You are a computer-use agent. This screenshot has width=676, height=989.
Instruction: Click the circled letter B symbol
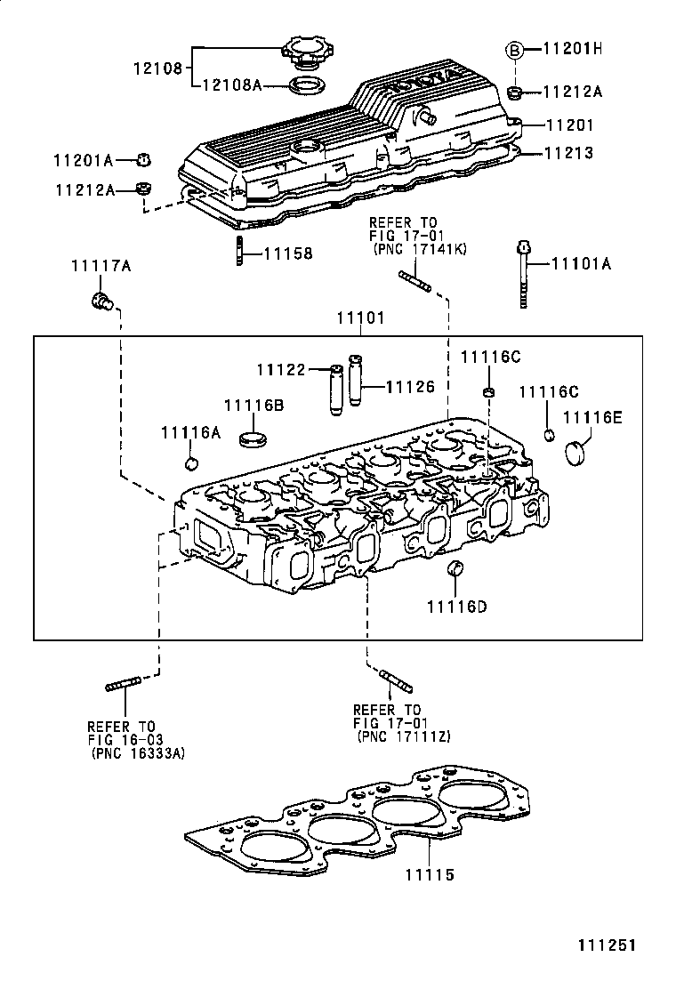pyautogui.click(x=514, y=51)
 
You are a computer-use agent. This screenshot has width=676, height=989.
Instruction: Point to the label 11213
pyautogui.click(x=568, y=153)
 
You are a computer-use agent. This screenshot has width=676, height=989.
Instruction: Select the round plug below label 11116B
pyautogui.click(x=254, y=438)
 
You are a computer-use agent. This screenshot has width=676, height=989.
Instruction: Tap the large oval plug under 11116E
pyautogui.click(x=578, y=451)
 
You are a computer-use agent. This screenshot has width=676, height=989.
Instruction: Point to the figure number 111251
pyautogui.click(x=604, y=945)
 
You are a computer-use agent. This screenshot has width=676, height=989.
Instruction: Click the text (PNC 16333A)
pyautogui.click(x=138, y=752)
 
